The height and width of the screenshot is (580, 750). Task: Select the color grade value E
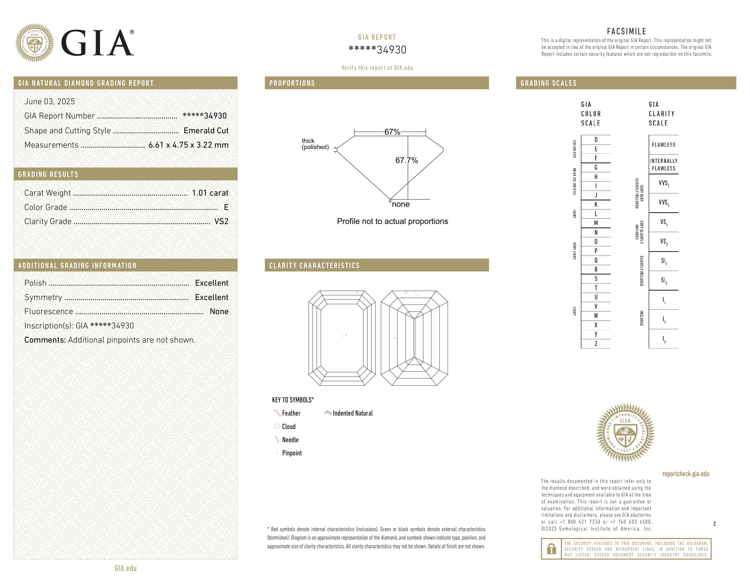tap(226, 207)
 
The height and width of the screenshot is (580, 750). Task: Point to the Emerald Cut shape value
tap(206, 131)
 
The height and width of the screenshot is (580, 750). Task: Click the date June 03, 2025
tap(50, 101)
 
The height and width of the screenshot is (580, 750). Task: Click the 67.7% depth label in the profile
tap(406, 160)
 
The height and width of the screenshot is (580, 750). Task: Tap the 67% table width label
tap(392, 132)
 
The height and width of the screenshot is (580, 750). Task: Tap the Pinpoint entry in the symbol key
tap(292, 453)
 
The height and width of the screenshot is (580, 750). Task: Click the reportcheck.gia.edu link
tap(685, 474)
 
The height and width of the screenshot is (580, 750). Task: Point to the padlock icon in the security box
tap(551, 549)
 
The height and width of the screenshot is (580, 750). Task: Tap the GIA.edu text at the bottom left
tap(125, 568)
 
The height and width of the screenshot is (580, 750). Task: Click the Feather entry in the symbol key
tap(291, 413)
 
